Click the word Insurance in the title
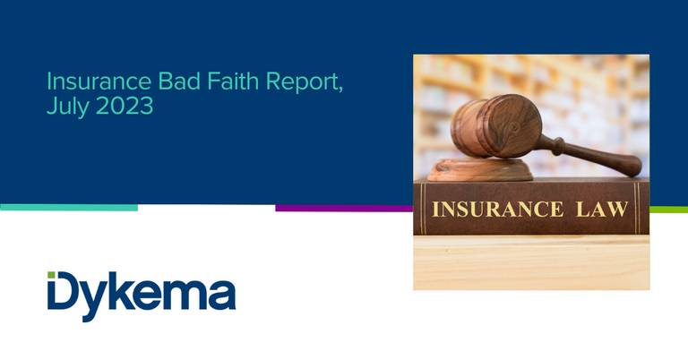tap(99, 81)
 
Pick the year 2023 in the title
tap(125, 106)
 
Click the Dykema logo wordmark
tap(142, 296)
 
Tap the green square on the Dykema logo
tap(51, 275)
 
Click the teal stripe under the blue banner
tap(69, 208)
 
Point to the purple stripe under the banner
tap(344, 208)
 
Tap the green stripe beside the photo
tap(668, 210)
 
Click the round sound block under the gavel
tap(480, 170)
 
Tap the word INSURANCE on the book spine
tap(497, 210)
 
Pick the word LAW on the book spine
tap(602, 210)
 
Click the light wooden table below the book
tap(531, 262)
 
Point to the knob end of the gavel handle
tap(632, 166)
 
